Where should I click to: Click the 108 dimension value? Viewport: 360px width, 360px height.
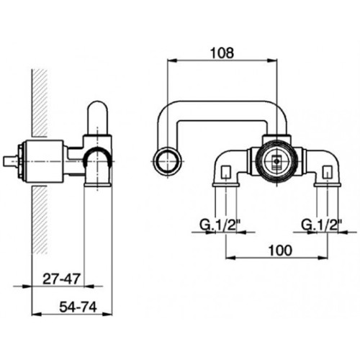(x=222, y=53)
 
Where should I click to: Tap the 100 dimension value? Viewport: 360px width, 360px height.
(x=280, y=251)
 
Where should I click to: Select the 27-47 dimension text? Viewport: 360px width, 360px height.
(x=61, y=279)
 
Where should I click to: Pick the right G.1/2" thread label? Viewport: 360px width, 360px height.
(x=322, y=225)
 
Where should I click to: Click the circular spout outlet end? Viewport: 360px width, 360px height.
(x=167, y=161)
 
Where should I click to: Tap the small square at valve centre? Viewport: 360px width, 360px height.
(x=277, y=161)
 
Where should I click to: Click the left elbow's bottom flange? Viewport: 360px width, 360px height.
(x=226, y=185)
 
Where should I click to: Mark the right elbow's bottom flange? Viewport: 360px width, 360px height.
(x=328, y=185)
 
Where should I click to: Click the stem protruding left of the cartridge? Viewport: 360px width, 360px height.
(x=11, y=161)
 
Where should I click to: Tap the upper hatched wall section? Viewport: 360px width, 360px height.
(x=40, y=103)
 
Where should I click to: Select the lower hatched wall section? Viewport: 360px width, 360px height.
(x=40, y=220)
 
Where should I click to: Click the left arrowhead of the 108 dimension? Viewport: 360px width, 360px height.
(x=172, y=60)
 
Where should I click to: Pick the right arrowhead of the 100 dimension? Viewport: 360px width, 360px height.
(x=323, y=258)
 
